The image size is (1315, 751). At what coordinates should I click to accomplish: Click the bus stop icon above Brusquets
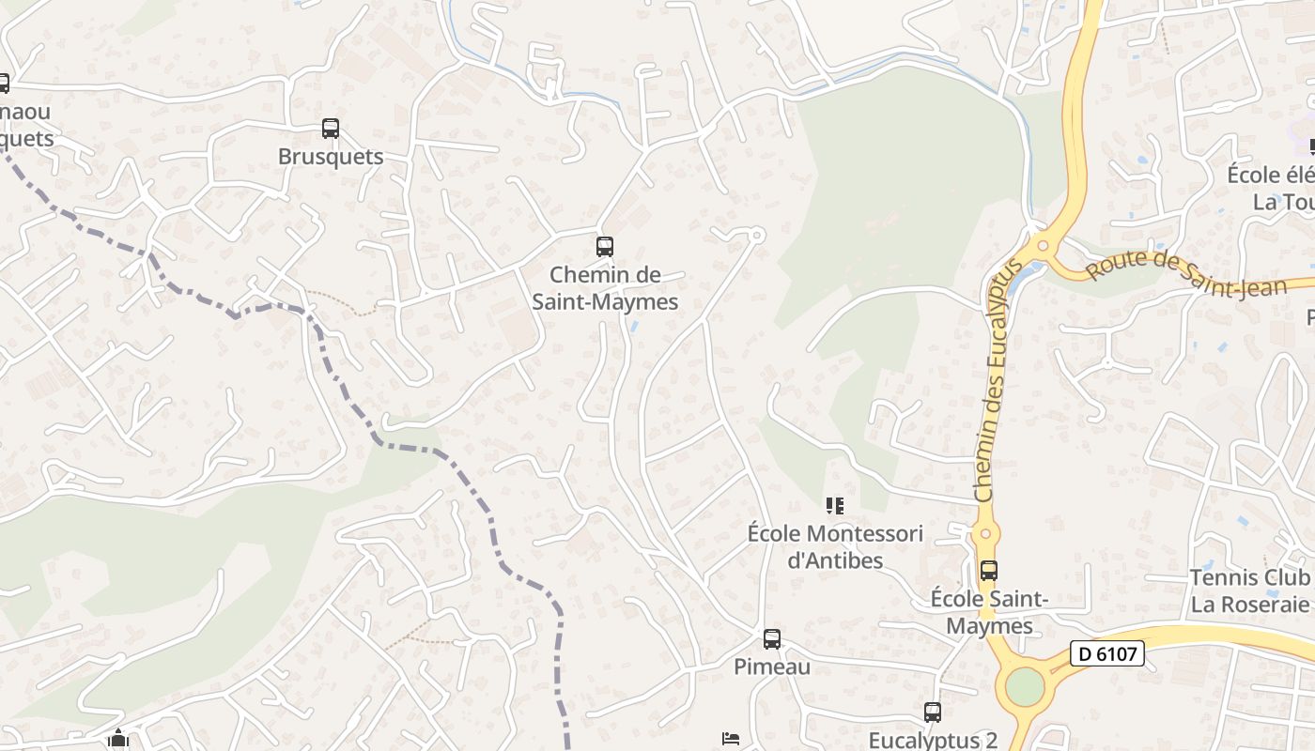click(x=330, y=129)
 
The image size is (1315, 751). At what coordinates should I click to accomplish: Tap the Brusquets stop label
click(x=331, y=157)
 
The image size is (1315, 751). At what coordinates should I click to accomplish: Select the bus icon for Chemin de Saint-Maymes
click(x=605, y=247)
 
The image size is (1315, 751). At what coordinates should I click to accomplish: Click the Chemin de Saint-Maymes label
click(x=605, y=288)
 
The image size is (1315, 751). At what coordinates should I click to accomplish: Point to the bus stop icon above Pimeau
click(x=771, y=639)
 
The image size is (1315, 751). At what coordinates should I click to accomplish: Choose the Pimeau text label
click(x=771, y=667)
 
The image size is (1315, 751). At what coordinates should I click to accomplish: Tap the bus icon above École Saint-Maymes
click(x=988, y=571)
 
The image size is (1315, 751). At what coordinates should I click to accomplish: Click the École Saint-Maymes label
click(x=989, y=612)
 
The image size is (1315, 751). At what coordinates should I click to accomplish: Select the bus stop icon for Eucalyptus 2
click(x=932, y=713)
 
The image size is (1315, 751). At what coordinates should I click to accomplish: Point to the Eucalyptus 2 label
click(x=932, y=740)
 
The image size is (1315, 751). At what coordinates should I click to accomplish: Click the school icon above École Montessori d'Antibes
click(x=834, y=507)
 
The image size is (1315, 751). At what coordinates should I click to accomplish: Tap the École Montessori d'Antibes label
click(x=835, y=546)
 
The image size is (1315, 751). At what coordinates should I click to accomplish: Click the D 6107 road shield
click(x=1106, y=653)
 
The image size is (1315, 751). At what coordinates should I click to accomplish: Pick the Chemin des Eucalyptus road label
click(x=998, y=379)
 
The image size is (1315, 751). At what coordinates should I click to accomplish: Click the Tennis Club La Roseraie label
click(x=1249, y=590)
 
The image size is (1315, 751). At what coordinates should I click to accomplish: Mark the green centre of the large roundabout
click(x=1024, y=686)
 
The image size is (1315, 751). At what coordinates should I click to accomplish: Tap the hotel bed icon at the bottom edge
click(x=731, y=739)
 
